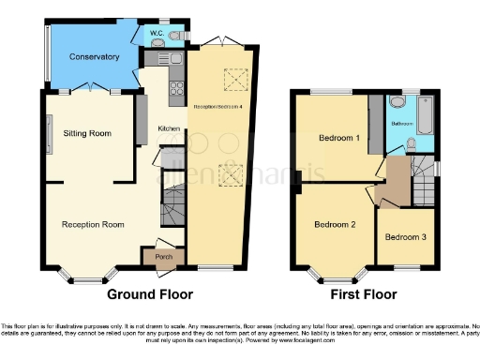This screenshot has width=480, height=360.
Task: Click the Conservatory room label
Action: pyautogui.click(x=95, y=57)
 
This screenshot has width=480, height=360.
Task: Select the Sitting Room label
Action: pyautogui.click(x=87, y=134)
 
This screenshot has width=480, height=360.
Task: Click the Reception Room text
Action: pyautogui.click(x=93, y=225)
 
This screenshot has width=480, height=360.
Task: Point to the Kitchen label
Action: pyautogui.click(x=169, y=128)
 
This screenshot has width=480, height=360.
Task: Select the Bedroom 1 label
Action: pyautogui.click(x=338, y=138)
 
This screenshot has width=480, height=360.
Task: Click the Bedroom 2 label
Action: pyautogui.click(x=335, y=225)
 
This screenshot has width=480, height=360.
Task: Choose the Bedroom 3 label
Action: pyautogui.click(x=405, y=237)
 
